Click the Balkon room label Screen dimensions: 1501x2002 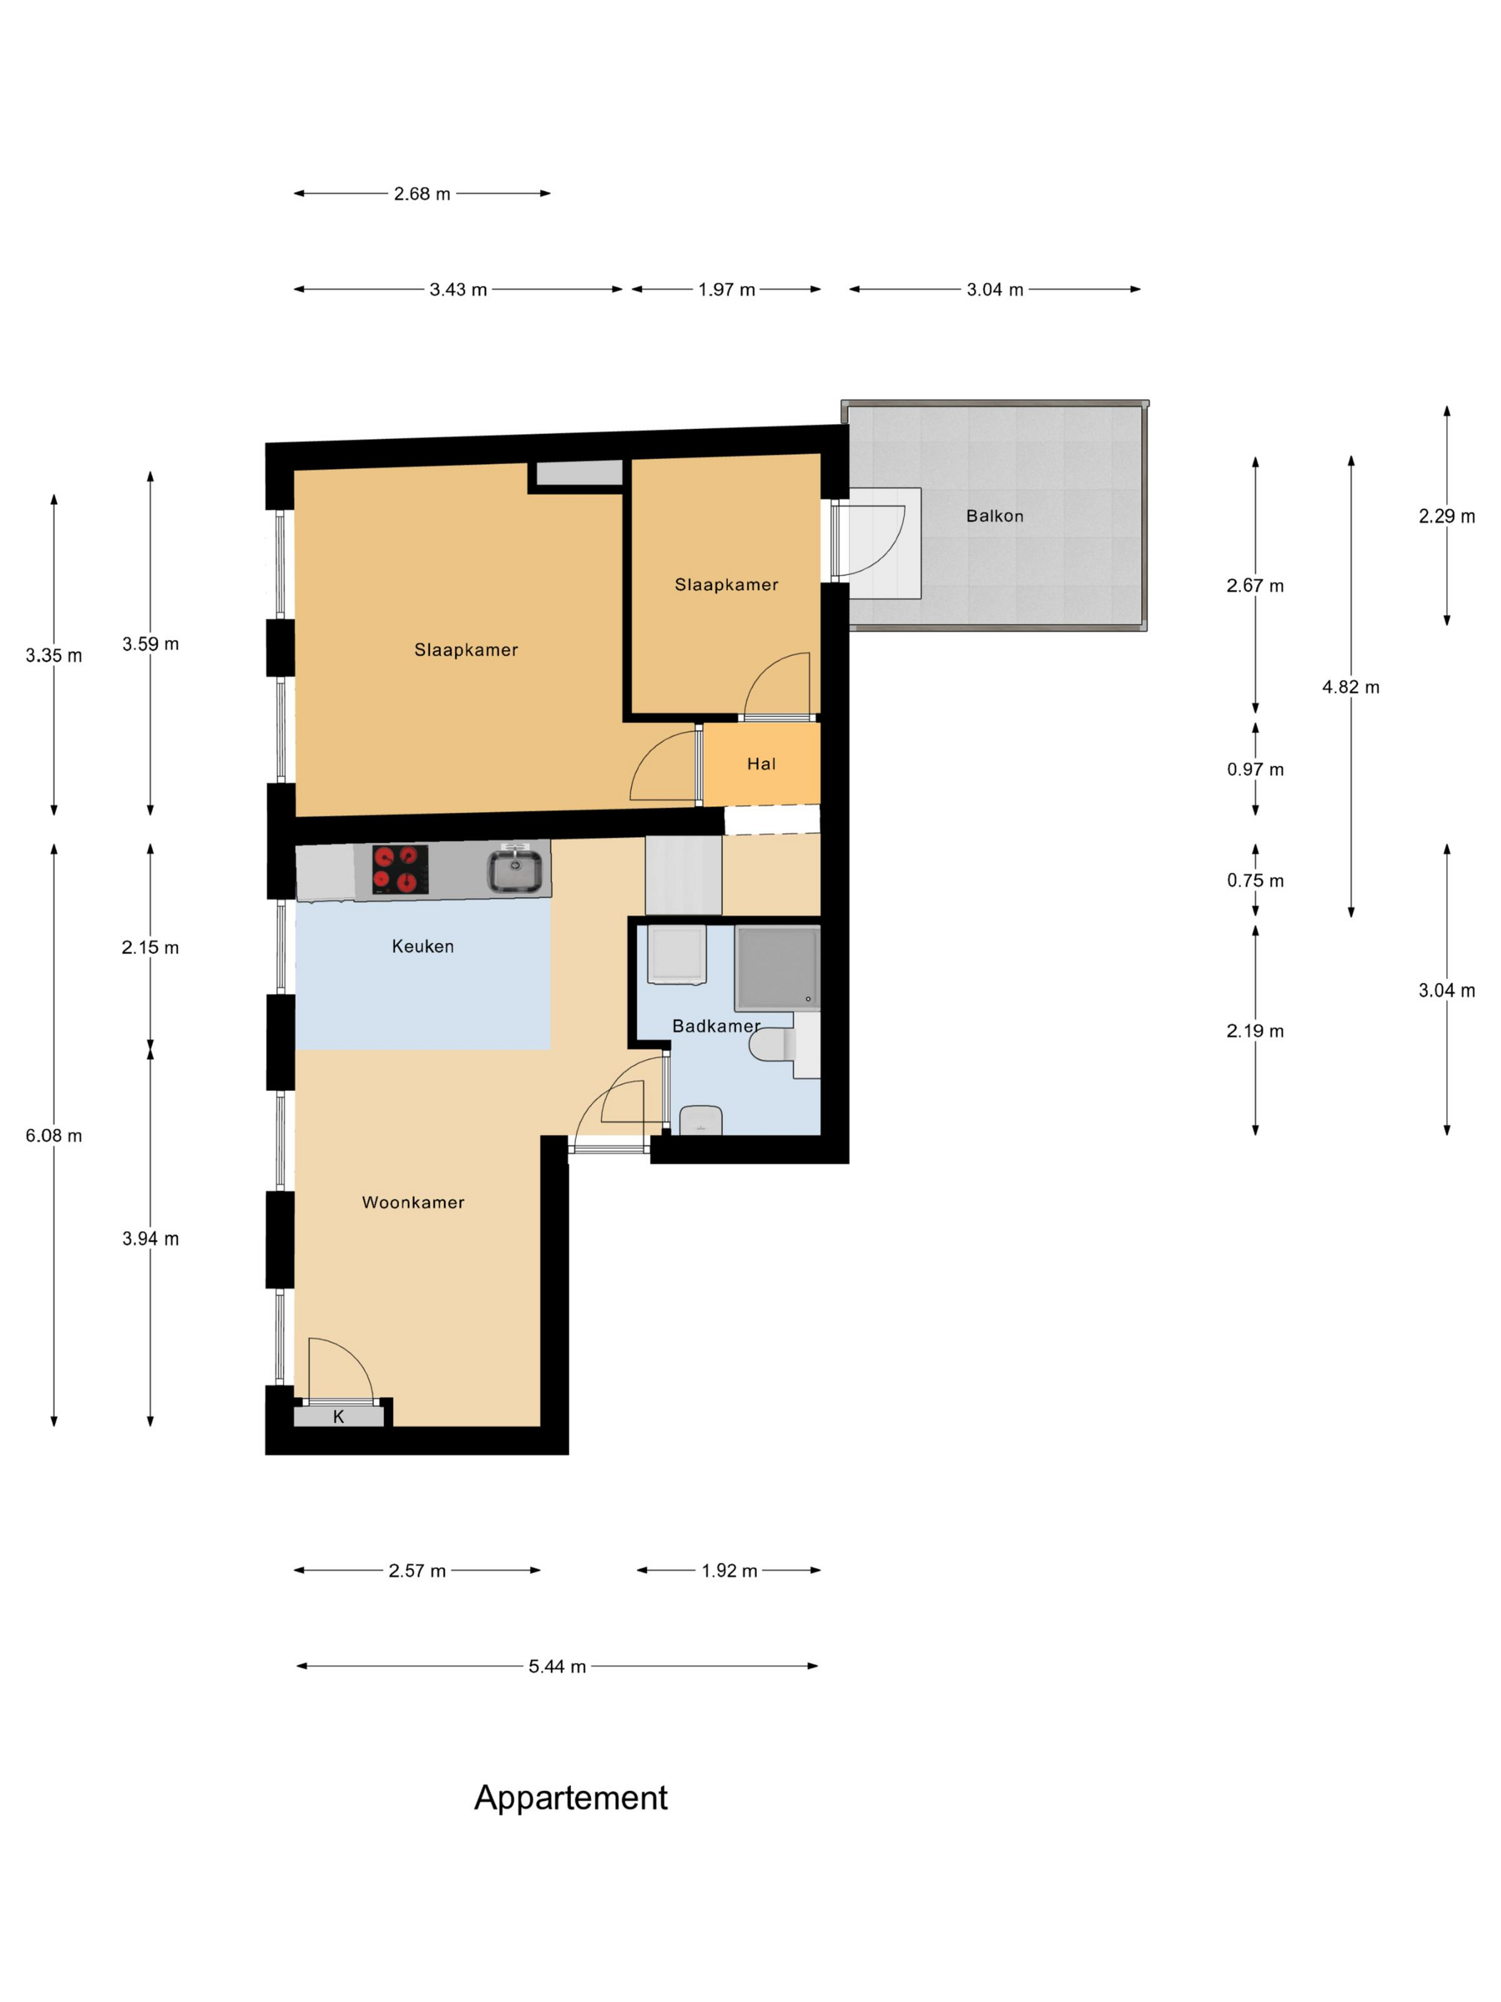tap(994, 516)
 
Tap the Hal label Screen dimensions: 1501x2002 tap(761, 764)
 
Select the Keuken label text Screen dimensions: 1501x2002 tap(422, 946)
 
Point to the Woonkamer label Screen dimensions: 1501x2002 tap(412, 1202)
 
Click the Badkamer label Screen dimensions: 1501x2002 tap(715, 1025)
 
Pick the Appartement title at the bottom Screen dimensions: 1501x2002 tap(571, 1798)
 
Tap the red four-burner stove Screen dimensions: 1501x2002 tap(400, 869)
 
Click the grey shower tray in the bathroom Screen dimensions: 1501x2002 tap(777, 967)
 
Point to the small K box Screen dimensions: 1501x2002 tap(338, 1416)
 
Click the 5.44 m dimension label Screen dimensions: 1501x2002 tap(558, 1666)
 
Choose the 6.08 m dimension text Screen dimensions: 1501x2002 tap(54, 1136)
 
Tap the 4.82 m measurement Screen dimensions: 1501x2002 tap(1351, 687)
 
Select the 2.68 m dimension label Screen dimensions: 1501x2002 tap(422, 194)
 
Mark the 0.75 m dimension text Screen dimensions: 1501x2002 tap(1255, 881)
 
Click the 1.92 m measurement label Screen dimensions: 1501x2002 tap(729, 1570)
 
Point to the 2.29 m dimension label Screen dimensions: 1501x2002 tap(1447, 516)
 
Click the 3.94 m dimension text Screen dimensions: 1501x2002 tap(150, 1239)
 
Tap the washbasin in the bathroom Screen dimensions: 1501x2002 tap(700, 1120)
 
